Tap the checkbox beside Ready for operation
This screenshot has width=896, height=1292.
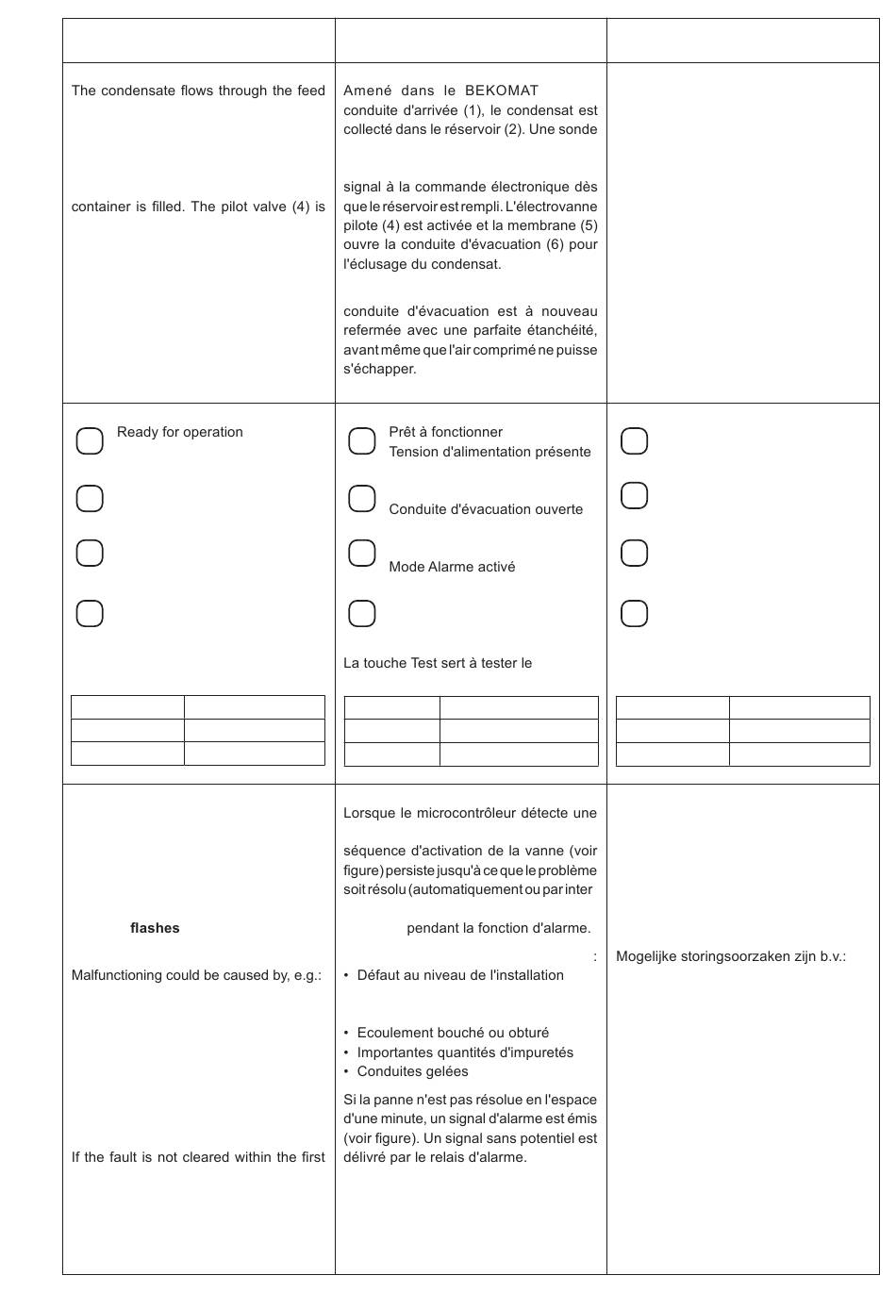90,440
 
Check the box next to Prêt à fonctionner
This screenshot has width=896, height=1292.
362,440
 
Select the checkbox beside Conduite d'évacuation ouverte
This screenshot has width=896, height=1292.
362,498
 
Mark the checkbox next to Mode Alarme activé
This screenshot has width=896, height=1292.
362,553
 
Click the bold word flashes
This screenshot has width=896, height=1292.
155,928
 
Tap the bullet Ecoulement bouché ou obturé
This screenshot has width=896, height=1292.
453,1033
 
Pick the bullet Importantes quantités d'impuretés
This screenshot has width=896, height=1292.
465,1052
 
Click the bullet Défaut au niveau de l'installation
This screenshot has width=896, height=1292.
460,975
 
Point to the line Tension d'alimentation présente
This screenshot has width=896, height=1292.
489,452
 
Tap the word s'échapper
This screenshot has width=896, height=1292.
379,369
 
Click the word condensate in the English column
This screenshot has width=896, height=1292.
138,91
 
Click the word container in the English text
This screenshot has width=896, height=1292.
100,207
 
